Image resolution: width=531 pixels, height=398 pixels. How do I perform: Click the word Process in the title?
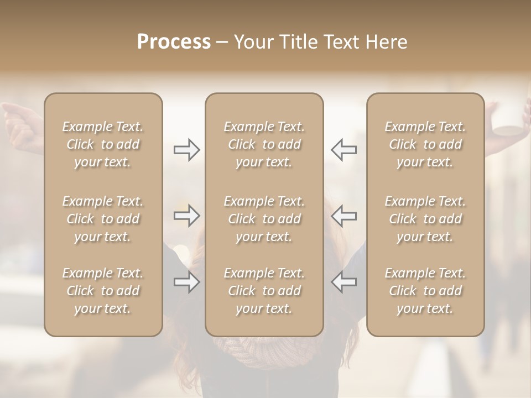point(174,42)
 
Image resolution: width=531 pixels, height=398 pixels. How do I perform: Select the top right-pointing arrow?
point(186,150)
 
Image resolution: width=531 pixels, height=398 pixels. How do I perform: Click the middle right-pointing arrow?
point(186,216)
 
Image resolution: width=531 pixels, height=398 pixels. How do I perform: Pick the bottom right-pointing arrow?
point(186,282)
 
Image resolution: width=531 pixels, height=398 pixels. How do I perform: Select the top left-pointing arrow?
point(343,150)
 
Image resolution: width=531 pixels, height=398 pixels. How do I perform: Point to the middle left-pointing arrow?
point(343,216)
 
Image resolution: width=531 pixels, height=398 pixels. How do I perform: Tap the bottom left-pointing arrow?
point(343,282)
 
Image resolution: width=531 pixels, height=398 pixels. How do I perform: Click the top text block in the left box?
point(103,144)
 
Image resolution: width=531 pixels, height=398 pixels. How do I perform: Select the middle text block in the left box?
point(103,219)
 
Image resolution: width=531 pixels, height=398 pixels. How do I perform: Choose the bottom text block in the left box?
point(103,291)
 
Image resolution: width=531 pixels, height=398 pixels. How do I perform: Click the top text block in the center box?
point(264,144)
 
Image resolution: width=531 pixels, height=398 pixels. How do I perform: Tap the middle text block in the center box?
point(264,219)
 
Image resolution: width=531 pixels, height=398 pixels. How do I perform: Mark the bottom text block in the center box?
point(264,291)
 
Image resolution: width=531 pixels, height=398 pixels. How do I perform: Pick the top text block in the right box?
point(425,144)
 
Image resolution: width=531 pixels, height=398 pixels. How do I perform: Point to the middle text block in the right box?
point(425,219)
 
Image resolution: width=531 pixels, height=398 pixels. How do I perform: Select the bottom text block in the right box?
point(425,291)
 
